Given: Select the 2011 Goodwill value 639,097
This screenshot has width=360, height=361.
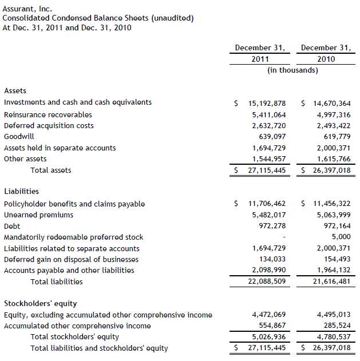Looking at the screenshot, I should click(x=270, y=137).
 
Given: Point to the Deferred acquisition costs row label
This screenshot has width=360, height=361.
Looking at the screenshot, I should click(x=49, y=125).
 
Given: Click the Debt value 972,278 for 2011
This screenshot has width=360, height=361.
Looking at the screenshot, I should click(x=270, y=226).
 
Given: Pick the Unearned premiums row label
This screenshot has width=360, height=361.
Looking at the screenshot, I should click(x=38, y=215).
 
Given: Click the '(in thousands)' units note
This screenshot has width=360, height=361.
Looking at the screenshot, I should click(x=292, y=70).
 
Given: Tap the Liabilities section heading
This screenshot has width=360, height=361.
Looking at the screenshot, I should click(x=21, y=191).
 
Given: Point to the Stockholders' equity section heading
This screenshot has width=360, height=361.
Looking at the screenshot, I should click(x=40, y=303).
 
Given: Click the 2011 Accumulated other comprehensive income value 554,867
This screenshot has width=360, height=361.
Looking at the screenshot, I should click(x=270, y=326).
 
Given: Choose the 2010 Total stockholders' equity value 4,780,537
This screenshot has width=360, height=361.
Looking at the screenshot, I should click(x=330, y=337).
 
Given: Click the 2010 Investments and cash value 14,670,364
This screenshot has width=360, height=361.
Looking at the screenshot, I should click(x=330, y=103).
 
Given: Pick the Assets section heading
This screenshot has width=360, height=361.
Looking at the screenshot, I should click(x=15, y=90).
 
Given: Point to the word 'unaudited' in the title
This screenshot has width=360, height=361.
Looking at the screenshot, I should click(x=172, y=18).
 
